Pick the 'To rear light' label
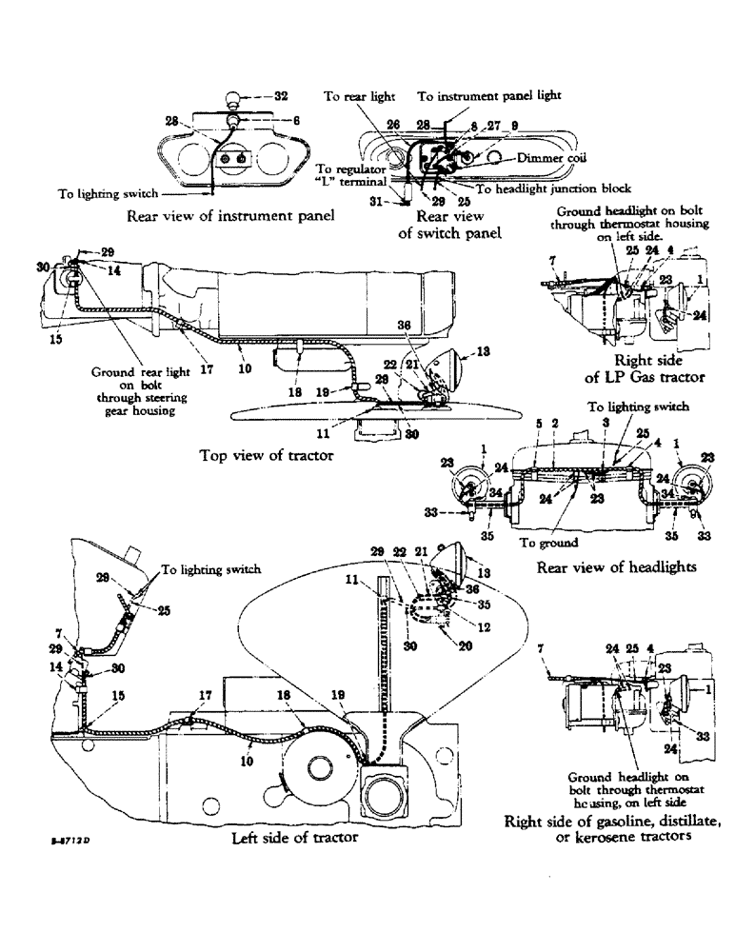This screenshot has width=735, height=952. pyautogui.click(x=353, y=97)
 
